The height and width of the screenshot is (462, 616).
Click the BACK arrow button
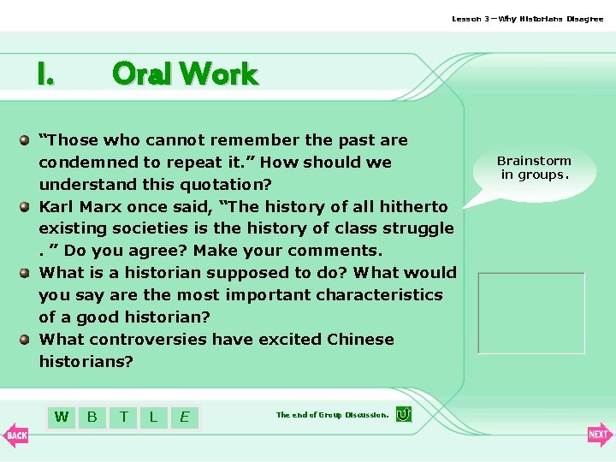(x=16, y=435)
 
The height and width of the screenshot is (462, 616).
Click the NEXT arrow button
(x=599, y=435)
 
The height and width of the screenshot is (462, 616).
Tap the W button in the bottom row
(x=62, y=417)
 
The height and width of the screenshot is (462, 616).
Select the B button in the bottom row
(x=92, y=417)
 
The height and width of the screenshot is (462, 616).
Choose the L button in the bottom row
(x=154, y=417)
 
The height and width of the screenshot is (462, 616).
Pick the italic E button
(x=184, y=418)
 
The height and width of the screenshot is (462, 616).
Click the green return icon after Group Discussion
(x=404, y=414)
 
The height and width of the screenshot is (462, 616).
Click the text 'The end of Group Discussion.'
(x=332, y=415)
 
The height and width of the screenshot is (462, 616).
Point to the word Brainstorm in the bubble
(x=534, y=161)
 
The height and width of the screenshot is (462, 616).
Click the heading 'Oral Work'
(x=185, y=74)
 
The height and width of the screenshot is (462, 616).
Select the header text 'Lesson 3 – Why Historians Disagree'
(x=527, y=19)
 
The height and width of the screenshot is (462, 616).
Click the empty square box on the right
(x=531, y=313)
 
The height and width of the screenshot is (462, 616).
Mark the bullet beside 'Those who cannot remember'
(x=27, y=139)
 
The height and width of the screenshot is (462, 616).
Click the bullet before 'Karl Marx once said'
(x=27, y=206)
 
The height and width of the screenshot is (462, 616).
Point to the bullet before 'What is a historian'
(x=27, y=273)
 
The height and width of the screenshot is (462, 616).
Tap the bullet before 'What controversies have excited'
(x=27, y=339)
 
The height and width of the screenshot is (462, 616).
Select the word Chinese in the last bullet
(x=360, y=339)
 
